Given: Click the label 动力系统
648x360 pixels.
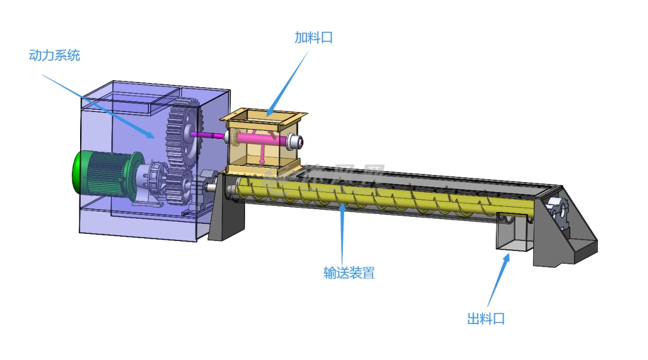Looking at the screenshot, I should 54,56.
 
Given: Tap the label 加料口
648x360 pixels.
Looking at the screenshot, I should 313,38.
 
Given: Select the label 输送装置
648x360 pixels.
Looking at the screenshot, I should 349,273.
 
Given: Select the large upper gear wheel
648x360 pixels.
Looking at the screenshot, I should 184,133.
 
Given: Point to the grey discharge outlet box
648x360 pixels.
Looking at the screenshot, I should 511,236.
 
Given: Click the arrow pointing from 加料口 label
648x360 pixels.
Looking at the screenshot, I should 289,82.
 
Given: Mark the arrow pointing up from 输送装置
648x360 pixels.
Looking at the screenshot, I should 342,233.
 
